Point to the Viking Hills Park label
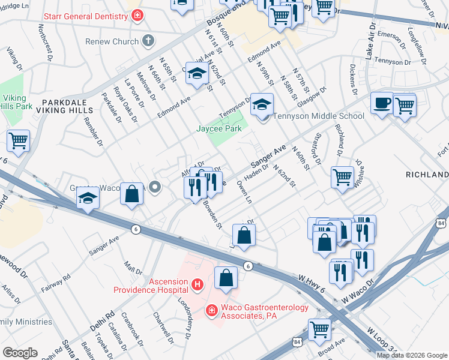(13, 101)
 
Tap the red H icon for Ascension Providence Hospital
(196, 284)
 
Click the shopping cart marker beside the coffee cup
(405, 106)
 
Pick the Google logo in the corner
(19, 353)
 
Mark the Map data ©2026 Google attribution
(412, 355)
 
